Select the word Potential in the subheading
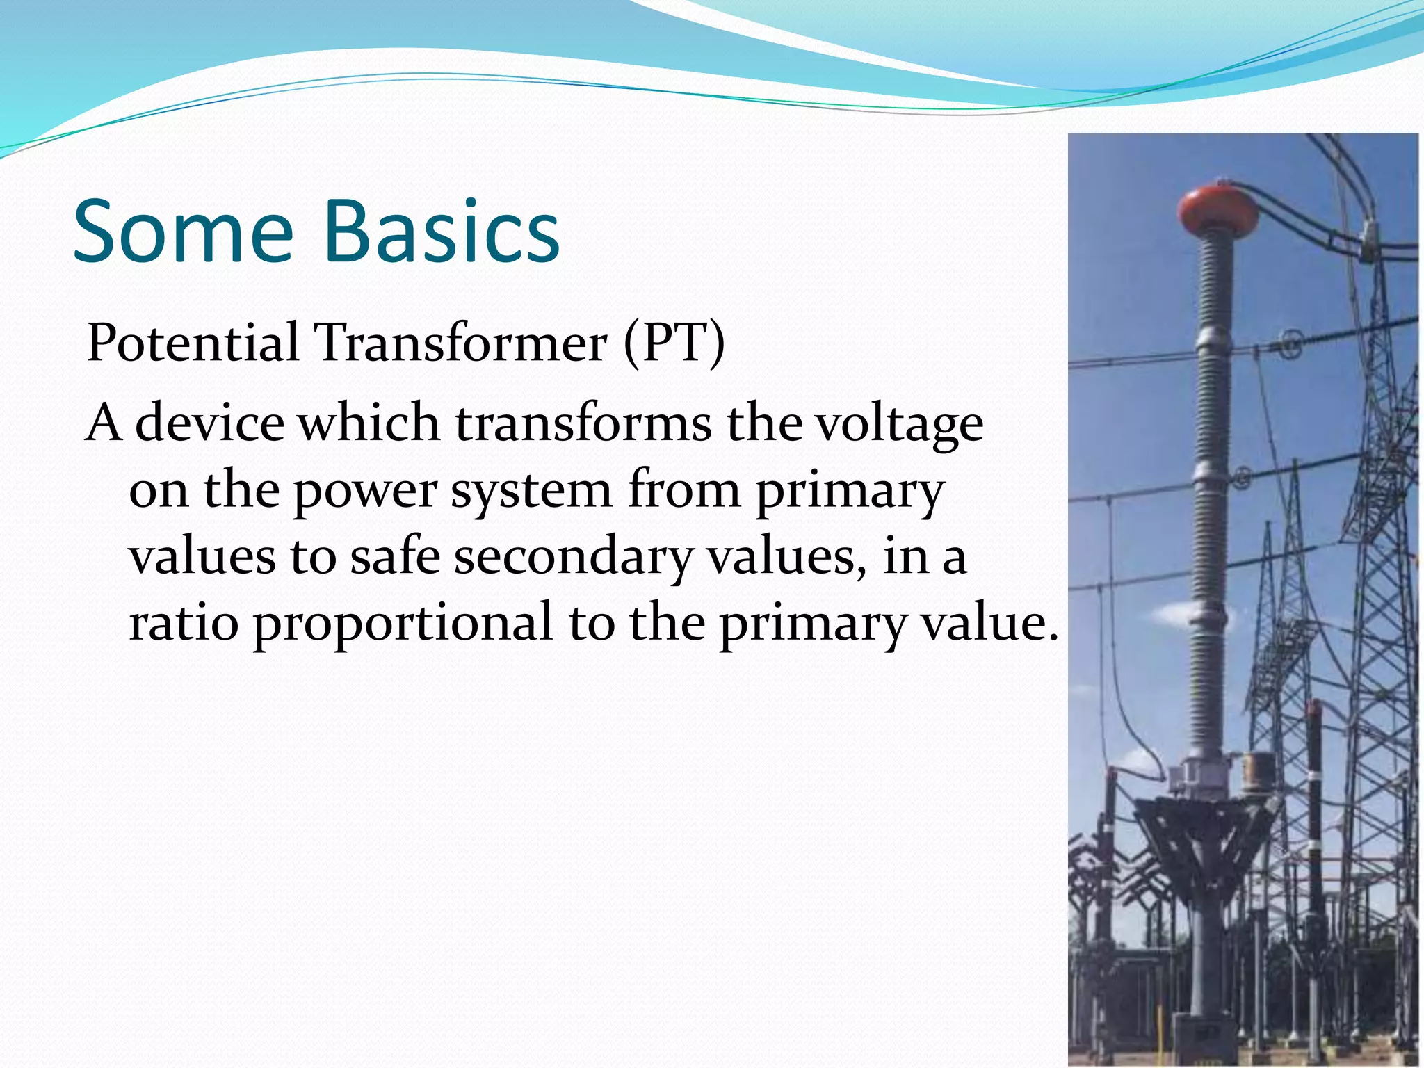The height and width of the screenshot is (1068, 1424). pyautogui.click(x=193, y=343)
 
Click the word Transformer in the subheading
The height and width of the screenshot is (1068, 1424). pyautogui.click(x=461, y=343)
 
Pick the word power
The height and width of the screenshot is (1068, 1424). pyautogui.click(x=364, y=491)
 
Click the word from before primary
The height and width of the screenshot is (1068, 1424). pyautogui.click(x=685, y=489)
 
